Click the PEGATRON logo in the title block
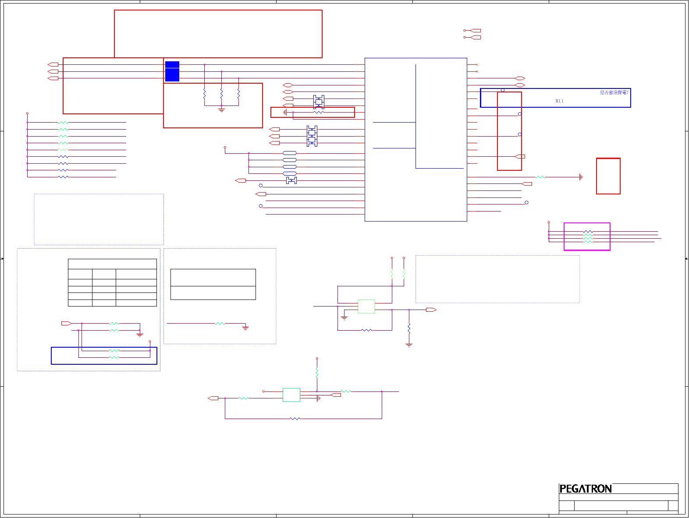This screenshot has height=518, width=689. point(586,489)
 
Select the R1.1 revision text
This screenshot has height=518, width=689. point(559,101)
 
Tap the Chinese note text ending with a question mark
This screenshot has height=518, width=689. point(614,92)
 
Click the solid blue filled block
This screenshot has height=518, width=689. point(172,71)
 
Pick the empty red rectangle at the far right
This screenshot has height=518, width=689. point(608,176)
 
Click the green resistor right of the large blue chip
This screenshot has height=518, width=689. point(540,177)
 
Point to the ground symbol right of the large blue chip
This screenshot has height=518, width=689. point(581,177)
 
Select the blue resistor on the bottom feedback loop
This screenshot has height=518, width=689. point(295,419)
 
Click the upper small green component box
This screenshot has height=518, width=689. point(366,307)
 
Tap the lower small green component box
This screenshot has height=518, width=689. point(291,395)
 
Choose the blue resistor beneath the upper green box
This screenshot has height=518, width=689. point(366,330)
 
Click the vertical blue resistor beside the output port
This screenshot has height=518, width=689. point(409,328)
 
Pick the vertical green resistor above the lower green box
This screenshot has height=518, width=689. point(317,373)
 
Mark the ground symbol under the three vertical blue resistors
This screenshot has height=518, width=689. point(221,110)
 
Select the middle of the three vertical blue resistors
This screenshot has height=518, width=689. point(221,94)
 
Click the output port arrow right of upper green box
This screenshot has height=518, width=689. point(431,310)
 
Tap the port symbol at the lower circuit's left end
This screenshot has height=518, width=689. point(213,398)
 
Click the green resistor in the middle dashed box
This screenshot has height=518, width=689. point(220,324)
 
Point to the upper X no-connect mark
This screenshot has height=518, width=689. point(477,65)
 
